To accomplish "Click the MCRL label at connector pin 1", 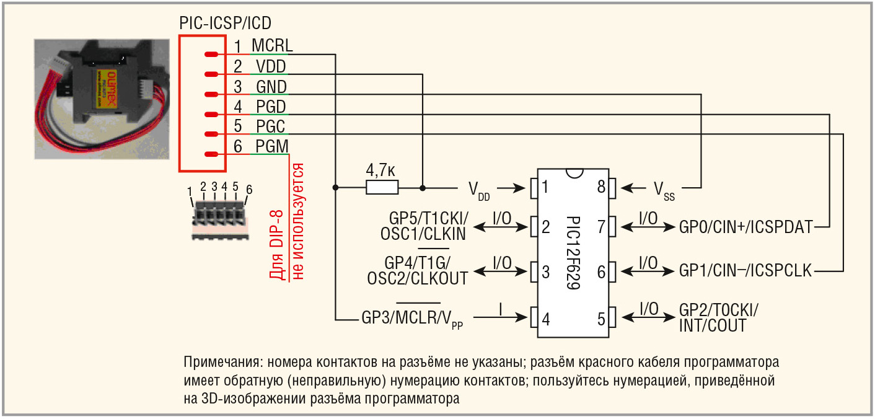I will tap(272, 45).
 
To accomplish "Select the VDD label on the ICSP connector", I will tap(271, 66).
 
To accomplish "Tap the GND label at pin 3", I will tap(271, 86).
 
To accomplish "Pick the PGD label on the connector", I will tap(271, 107).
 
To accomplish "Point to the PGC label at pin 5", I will tap(271, 127).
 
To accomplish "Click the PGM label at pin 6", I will tap(271, 148).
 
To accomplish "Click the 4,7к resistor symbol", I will tap(382, 187).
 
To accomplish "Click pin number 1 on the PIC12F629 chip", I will tap(546, 187).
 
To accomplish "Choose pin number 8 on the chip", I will tap(600, 187).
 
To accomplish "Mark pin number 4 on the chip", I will tap(546, 320).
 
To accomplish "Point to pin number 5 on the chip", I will tap(600, 320).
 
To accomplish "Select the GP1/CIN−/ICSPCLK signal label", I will tap(745, 271).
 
